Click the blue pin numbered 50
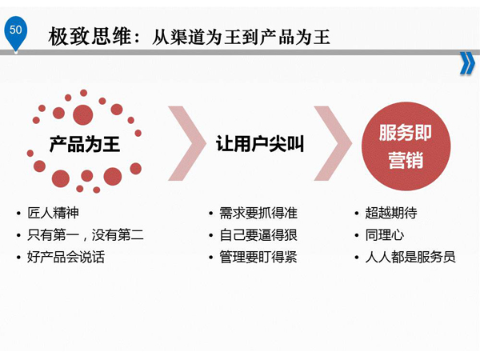coord(15,31)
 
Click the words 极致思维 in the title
coord(90,37)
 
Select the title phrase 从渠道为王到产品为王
coord(241,37)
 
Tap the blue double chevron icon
coord(467,63)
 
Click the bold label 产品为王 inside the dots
coord(85,144)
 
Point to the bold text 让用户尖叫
coord(260,143)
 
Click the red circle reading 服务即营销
coord(406,146)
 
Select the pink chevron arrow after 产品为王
coord(187,143)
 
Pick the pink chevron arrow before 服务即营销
coord(333,143)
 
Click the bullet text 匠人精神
coord(54,213)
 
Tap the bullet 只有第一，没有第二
coord(86,235)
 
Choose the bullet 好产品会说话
coord(66,257)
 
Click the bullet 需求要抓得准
coord(258,213)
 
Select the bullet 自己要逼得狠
coord(258,235)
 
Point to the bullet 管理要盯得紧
coord(258,257)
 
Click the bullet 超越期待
coord(391,213)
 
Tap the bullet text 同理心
coord(385,235)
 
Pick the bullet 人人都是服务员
coord(410,257)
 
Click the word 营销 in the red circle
coord(406,160)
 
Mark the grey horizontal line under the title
coord(240,53)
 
